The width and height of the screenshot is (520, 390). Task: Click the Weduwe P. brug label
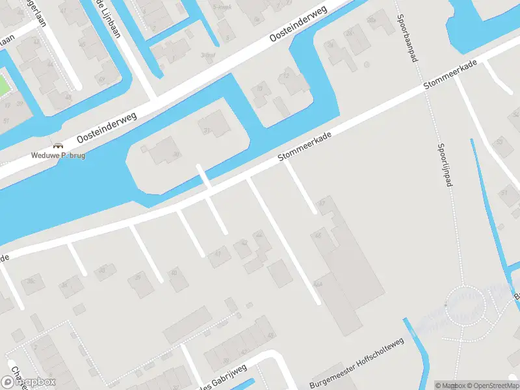point(58,156)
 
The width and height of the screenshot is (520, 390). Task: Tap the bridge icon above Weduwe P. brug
point(58,146)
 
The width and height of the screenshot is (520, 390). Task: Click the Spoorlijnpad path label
point(445,166)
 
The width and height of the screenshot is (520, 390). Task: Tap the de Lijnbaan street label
point(108,18)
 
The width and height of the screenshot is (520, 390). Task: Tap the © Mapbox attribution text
point(450,385)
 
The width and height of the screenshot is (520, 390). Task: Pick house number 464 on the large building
point(319,285)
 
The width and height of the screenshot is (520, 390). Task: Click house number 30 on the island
point(175,154)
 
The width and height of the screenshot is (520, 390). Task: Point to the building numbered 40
point(174,271)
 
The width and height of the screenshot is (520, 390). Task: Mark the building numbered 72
point(260,88)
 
